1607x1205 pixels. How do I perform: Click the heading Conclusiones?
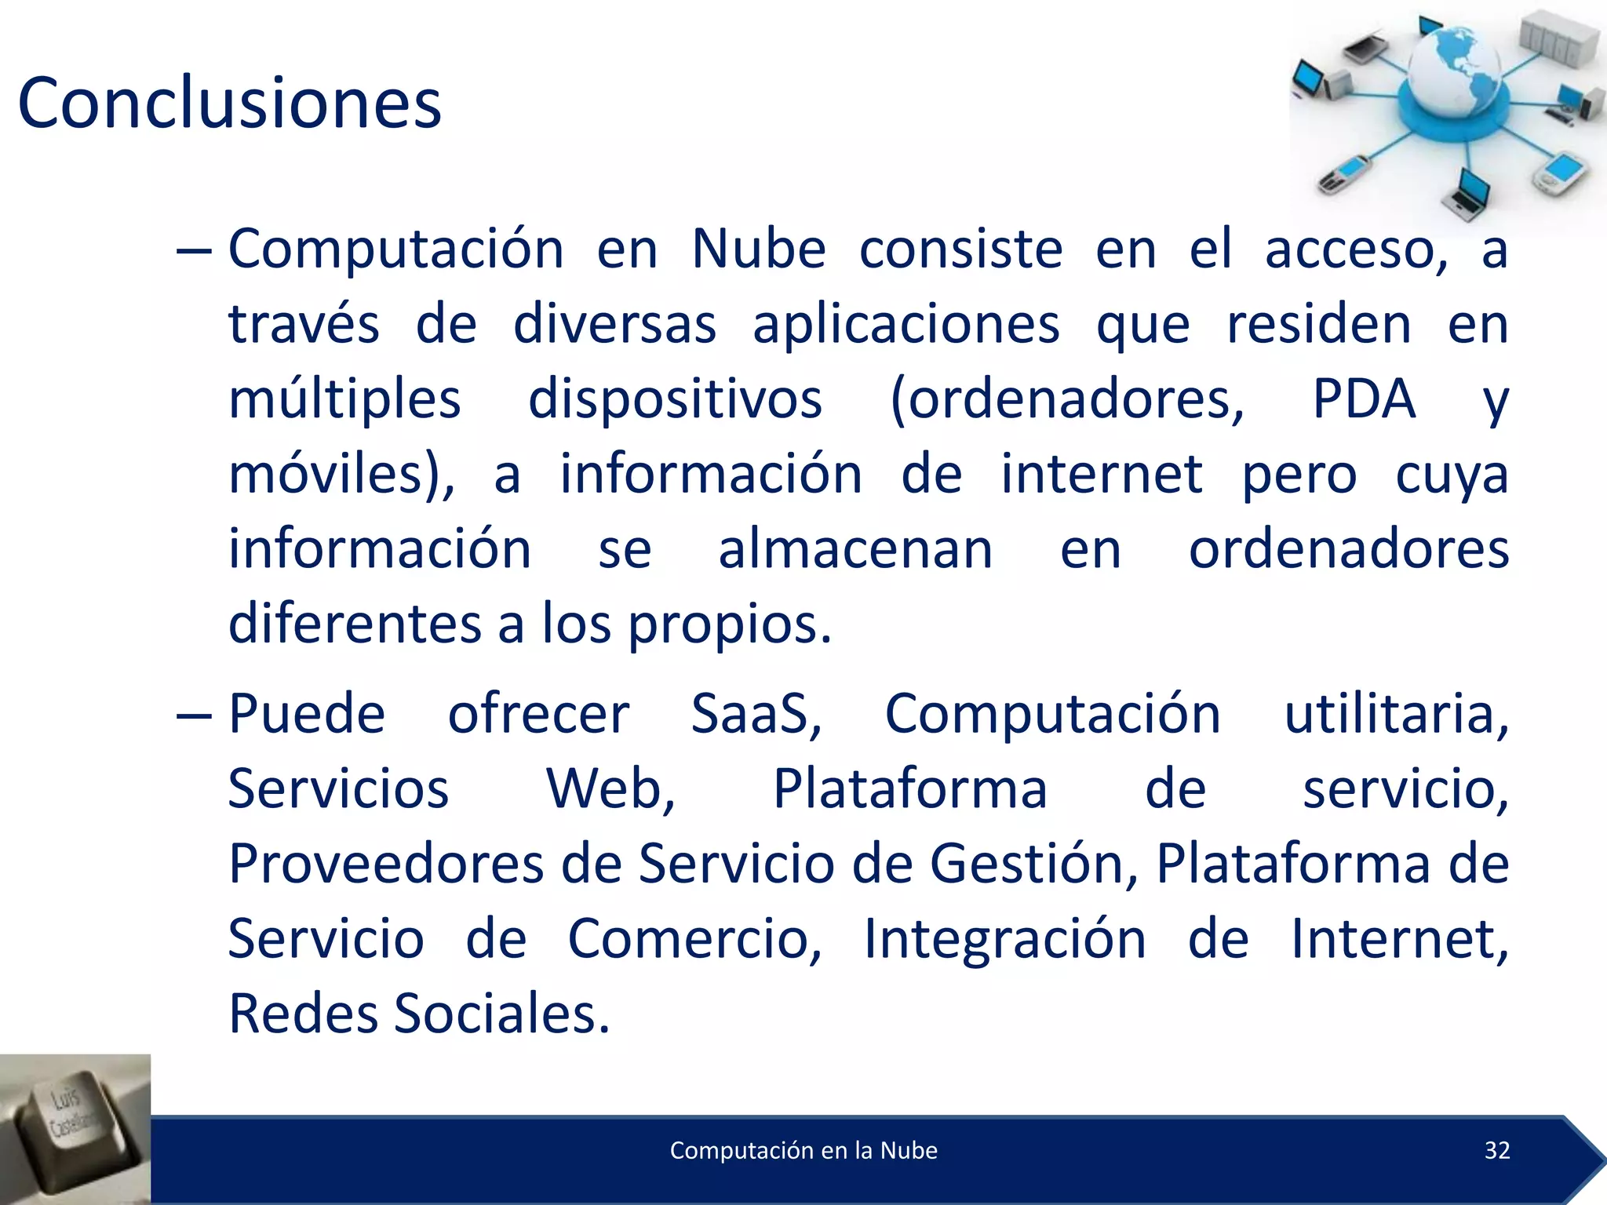(229, 103)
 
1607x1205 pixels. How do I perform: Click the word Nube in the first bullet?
(758, 249)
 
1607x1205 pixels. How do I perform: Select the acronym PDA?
(1364, 399)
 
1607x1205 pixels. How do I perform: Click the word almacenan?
(855, 549)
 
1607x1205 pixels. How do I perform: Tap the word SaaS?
(756, 714)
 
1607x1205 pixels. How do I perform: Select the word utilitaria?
(1396, 714)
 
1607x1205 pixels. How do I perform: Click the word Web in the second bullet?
(610, 789)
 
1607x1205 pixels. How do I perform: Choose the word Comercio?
(694, 939)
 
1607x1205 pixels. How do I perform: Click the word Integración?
(1004, 939)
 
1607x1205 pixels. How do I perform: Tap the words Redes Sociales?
(418, 1014)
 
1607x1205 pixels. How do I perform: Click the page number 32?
(1497, 1150)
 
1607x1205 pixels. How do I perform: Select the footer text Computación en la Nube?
(803, 1150)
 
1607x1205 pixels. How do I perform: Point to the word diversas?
(614, 325)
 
